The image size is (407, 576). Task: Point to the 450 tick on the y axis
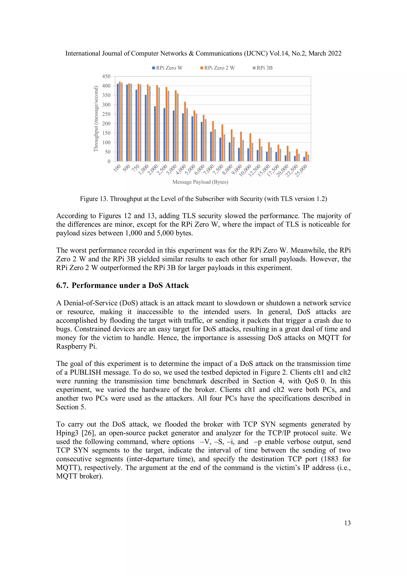click(106, 76)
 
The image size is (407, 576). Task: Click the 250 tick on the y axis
click(106, 114)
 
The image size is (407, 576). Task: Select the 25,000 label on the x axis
click(301, 171)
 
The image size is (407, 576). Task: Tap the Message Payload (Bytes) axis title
click(200, 182)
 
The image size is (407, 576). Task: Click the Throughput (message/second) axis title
click(96, 119)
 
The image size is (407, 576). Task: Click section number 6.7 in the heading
click(62, 286)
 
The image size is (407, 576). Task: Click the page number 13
click(347, 523)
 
